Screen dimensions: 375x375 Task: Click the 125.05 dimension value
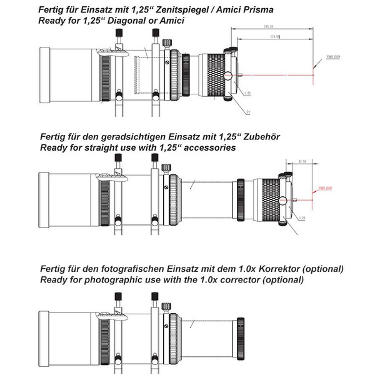tap(269, 27)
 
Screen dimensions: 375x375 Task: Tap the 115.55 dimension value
tap(273, 37)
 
